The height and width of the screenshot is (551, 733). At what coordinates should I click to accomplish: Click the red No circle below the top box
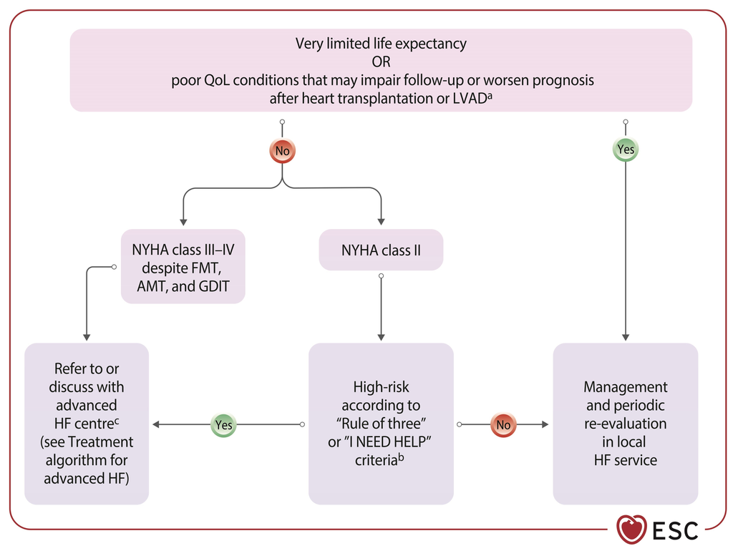(282, 150)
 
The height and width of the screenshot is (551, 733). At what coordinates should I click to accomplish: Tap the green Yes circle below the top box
(626, 149)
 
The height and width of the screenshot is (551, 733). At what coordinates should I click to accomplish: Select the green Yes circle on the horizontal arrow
(223, 424)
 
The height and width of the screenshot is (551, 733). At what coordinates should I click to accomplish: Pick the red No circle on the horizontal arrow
(503, 424)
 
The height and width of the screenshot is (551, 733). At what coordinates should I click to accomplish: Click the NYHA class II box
(381, 250)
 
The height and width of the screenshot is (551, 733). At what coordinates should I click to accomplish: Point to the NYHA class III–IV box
(183, 266)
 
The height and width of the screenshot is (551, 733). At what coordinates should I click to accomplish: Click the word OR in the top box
(381, 62)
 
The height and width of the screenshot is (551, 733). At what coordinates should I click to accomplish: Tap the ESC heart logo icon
(631, 530)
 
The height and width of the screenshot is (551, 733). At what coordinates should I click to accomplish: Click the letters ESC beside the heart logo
(675, 530)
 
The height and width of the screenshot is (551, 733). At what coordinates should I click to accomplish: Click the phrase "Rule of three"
(381, 424)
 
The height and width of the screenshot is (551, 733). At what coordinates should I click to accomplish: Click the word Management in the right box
(626, 387)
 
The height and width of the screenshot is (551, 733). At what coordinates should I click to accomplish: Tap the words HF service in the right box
(626, 460)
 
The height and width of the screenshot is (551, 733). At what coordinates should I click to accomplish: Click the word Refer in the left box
(70, 369)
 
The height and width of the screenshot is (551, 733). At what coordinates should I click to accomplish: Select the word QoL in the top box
(217, 80)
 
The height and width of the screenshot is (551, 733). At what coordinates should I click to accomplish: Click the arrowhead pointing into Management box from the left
(545, 424)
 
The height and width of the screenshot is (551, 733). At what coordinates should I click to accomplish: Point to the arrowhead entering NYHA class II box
(381, 222)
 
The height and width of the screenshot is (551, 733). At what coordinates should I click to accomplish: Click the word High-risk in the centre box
(381, 387)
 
